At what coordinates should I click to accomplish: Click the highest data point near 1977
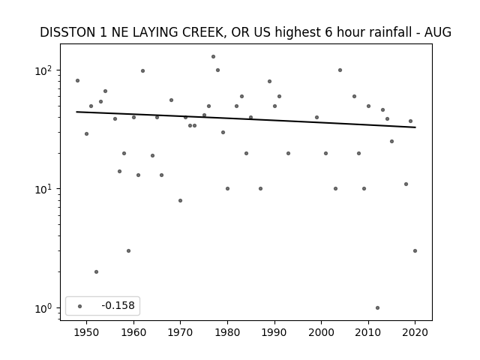coord(213,57)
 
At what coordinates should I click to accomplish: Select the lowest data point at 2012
coord(377,308)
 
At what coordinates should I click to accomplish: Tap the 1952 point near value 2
coord(96,271)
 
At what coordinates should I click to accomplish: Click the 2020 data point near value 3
coord(415,250)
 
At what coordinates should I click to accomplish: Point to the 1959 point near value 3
coord(128,250)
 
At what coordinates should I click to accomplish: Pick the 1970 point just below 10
coord(180,200)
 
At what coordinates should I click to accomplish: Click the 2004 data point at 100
coord(340,70)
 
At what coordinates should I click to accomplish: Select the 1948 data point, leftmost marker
coord(77,80)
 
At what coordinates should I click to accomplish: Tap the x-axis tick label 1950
coord(87,332)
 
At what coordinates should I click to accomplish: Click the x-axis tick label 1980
coord(227,332)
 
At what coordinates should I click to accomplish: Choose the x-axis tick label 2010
coord(368,332)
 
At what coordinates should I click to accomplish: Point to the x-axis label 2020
coord(415,332)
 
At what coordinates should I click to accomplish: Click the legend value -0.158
coord(118,305)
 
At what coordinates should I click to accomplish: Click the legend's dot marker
coord(80,306)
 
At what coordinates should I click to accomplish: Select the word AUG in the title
coord(438,32)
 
